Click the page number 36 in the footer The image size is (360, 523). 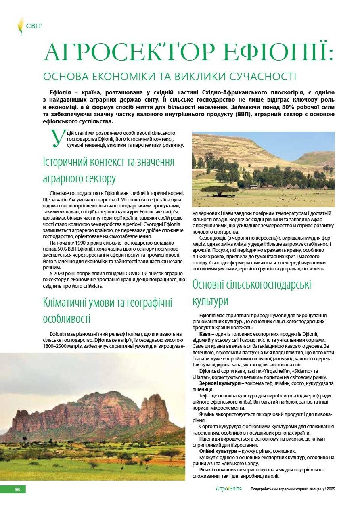[17, 490]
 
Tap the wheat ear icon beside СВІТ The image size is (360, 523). [20, 27]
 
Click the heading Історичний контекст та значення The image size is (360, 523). [109, 162]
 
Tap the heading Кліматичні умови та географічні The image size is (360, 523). [107, 303]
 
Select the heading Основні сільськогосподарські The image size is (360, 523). [252, 285]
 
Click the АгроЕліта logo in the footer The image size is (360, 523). [229, 489]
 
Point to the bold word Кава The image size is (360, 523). [205, 335]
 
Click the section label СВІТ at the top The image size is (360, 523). [34, 27]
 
